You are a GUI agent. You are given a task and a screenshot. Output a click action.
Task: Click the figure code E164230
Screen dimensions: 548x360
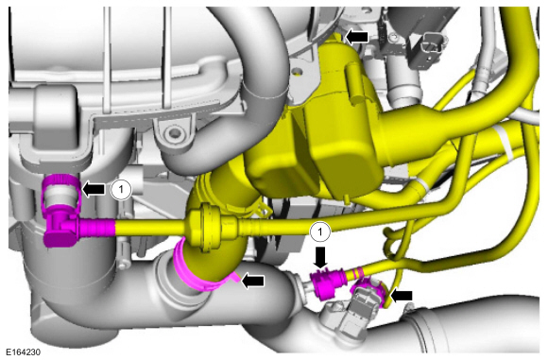coord(23,351)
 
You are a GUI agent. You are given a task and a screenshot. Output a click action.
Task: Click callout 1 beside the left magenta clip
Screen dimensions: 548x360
coord(121,189)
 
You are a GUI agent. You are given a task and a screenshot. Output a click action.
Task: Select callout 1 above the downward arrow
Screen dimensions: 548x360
coord(319,231)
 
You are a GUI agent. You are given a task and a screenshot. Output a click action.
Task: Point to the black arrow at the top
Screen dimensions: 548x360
coord(356,36)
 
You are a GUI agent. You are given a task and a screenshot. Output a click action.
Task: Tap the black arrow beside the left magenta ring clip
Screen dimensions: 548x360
coord(94,189)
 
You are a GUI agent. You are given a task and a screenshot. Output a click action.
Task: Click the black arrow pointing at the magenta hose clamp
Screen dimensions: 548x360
coord(253,281)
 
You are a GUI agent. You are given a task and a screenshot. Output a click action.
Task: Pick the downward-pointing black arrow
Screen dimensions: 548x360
coord(320,258)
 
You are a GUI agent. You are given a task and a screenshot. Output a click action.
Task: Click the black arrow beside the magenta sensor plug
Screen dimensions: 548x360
coord(401,296)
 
